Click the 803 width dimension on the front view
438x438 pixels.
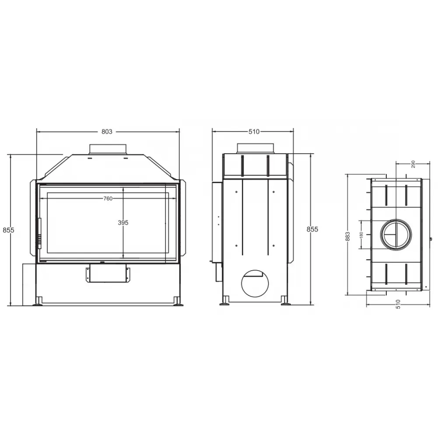pos(107,131)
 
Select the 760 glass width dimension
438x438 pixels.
pos(108,198)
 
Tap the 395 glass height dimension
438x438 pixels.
pos(123,223)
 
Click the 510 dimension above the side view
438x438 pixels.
pos(254,131)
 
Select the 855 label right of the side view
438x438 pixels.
pos(312,230)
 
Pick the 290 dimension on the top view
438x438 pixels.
pos(413,164)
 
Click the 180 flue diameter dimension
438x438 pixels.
pos(361,234)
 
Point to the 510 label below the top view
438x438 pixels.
pos(398,304)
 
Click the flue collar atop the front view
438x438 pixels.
pos(108,148)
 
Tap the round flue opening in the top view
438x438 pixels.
pos(396,233)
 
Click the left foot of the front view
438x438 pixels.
pos(39,301)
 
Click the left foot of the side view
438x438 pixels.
pos(225,301)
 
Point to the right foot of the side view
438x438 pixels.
pos(285,301)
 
